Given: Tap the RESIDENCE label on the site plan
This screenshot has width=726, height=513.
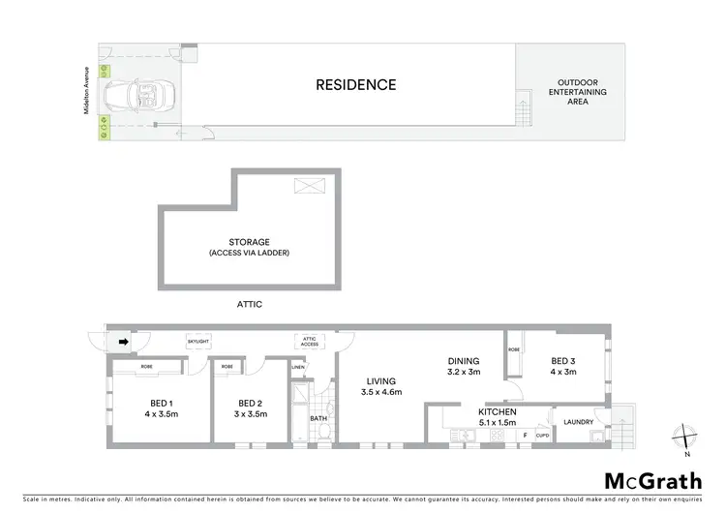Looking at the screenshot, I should pyautogui.click(x=356, y=84).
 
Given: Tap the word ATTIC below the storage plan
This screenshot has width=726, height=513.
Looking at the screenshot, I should pyautogui.click(x=249, y=304).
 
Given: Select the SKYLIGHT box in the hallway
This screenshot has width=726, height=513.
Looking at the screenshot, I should pyautogui.click(x=197, y=342).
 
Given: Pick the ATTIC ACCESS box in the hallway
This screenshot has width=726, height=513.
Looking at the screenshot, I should pyautogui.click(x=308, y=341).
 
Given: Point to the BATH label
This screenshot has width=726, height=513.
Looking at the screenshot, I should pyautogui.click(x=318, y=418).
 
